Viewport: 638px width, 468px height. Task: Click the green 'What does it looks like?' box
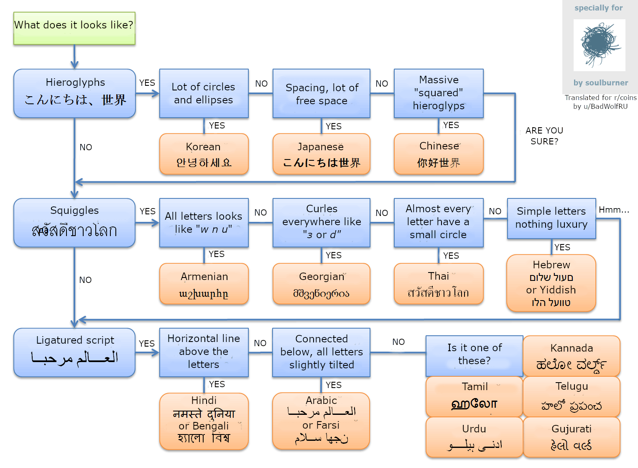(74, 28)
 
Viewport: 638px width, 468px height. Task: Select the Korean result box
(204, 154)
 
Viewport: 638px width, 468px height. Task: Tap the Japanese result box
(321, 154)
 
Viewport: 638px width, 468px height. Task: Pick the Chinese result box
(439, 154)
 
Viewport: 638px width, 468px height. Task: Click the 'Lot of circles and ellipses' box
(204, 93)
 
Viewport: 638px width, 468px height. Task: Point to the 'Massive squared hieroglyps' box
(439, 93)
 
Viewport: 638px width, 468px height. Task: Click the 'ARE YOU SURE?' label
(544, 136)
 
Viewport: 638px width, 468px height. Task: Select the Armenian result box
(204, 283)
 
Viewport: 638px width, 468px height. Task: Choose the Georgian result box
(321, 283)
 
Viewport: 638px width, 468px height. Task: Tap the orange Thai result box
(439, 283)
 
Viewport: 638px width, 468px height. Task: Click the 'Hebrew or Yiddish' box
(551, 283)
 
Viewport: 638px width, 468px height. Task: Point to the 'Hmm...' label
(613, 210)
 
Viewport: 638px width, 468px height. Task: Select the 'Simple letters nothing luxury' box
(551, 218)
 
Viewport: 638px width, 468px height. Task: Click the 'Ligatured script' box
(74, 352)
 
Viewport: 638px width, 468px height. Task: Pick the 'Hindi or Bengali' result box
(204, 421)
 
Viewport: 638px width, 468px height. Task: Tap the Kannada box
(572, 356)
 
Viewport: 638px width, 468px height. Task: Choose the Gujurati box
(572, 437)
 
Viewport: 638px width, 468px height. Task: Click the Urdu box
(474, 437)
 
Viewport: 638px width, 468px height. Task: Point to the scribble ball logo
(599, 45)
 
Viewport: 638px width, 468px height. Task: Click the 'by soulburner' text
(600, 82)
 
